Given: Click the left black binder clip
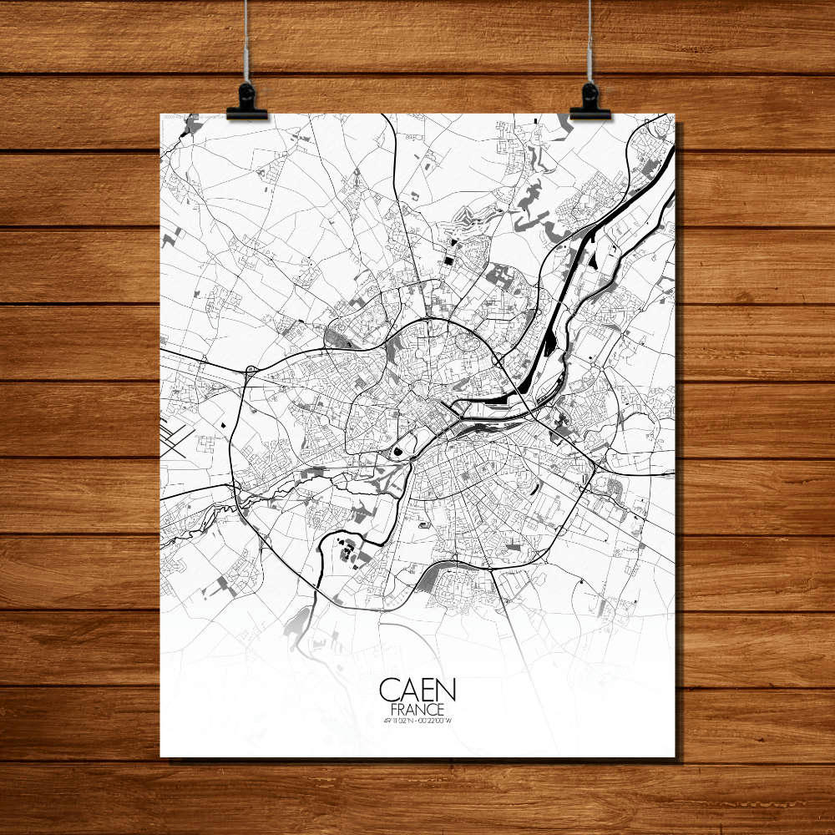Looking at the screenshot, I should click(246, 102).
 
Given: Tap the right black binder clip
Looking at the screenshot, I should click(590, 102).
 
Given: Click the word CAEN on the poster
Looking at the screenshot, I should click(417, 690).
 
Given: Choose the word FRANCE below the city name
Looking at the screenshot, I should click(417, 709).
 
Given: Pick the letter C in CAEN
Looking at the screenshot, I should click(389, 690).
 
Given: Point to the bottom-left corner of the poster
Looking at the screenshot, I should click(161, 756).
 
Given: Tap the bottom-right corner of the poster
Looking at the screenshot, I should click(674, 756).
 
